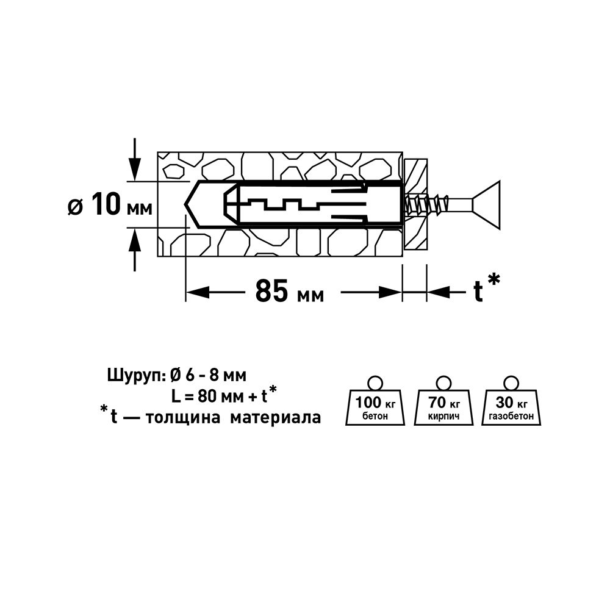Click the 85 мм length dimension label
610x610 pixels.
point(289,291)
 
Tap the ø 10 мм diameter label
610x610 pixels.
point(110,205)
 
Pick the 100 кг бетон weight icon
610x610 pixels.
point(375,401)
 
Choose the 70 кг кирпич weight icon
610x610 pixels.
point(443,401)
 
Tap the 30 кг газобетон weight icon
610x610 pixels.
point(511,401)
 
